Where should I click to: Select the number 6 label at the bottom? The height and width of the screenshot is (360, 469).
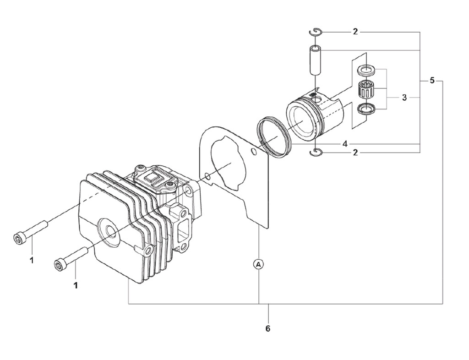pos(268,328)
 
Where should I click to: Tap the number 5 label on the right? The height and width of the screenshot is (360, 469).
pos(432,81)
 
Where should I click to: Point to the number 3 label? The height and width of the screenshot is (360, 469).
pos(404,98)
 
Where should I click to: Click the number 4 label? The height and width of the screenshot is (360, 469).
pos(345,144)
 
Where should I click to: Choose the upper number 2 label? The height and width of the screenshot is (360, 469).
pos(355,32)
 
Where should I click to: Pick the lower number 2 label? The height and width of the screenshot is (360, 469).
pos(355,153)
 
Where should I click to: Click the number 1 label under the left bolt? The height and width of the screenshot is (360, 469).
pos(32,260)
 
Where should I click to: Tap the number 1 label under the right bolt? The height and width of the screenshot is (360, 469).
pos(76,285)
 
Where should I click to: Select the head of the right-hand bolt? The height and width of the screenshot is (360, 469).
pos(60,265)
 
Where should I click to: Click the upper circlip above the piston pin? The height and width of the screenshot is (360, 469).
pos(316,31)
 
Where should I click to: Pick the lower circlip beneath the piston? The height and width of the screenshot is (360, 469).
pos(316,153)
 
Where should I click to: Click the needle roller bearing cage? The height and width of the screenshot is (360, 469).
pos(366,88)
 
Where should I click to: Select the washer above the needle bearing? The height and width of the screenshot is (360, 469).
pos(366,70)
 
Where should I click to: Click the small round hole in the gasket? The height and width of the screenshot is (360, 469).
pos(207,175)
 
